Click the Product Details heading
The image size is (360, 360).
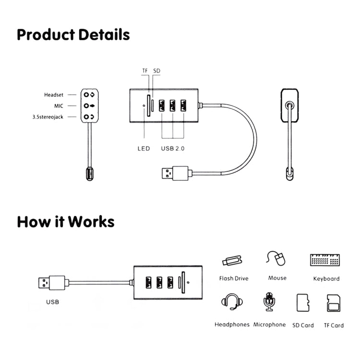[x=73, y=35]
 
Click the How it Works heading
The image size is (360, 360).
[x=65, y=222]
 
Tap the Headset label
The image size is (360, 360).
[x=54, y=95]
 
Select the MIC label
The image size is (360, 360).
[x=59, y=106]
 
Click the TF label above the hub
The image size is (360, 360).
[x=145, y=71]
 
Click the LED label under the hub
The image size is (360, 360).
[x=144, y=148]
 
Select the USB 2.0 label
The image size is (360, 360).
[x=173, y=148]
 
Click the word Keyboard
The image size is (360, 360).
[x=326, y=278]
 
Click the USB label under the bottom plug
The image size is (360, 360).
[x=52, y=302]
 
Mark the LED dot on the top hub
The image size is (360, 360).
[x=145, y=107]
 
